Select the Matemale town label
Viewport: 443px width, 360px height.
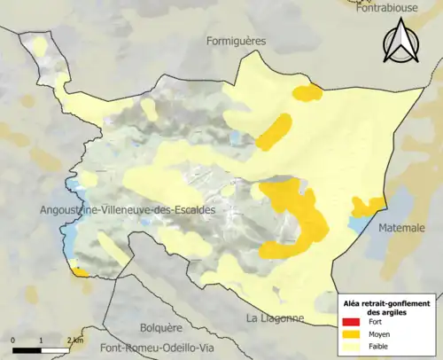pos(402,228)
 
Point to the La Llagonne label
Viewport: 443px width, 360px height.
pos(276,318)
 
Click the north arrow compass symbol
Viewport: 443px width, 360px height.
pos(401,44)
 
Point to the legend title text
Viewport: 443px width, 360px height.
pos(390,307)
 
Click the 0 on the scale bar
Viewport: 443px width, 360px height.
pos(14,340)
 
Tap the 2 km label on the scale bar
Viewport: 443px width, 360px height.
pos(75,340)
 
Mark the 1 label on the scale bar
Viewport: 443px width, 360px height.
pos(42,340)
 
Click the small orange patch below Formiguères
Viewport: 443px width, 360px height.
pos(307,92)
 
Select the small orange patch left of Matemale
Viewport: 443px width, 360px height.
pos(365,207)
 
